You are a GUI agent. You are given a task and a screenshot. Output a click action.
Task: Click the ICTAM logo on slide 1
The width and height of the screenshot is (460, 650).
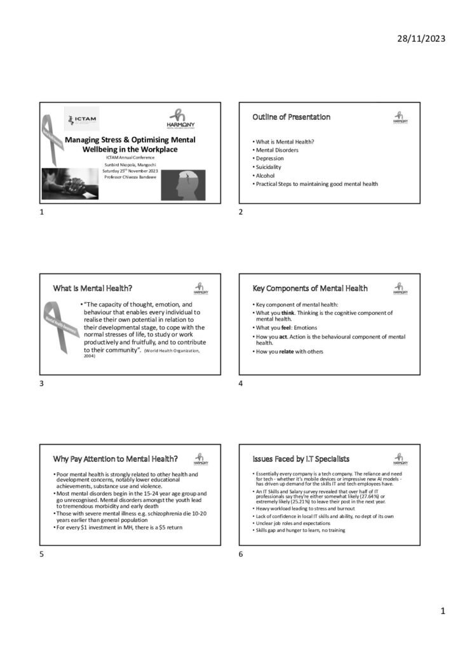pyautogui.click(x=82, y=119)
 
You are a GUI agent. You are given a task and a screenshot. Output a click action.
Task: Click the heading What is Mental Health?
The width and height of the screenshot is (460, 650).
pyautogui.click(x=93, y=288)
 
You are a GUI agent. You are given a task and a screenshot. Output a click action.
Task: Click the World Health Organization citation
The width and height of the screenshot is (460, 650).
pyautogui.click(x=171, y=352)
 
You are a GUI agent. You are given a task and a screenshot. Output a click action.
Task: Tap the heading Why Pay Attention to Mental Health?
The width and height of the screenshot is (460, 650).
pyautogui.click(x=115, y=459)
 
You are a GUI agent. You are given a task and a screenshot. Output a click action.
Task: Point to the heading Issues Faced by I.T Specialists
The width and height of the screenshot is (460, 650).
pyautogui.click(x=301, y=459)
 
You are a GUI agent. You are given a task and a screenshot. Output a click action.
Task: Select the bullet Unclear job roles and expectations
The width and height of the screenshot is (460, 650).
pyautogui.click(x=293, y=523)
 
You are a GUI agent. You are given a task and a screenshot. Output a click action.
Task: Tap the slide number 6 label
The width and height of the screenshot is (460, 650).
pyautogui.click(x=241, y=554)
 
